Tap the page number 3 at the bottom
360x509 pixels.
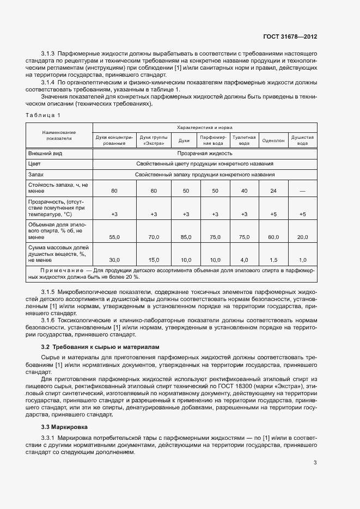click(315, 463)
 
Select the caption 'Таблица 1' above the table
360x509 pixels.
click(43, 115)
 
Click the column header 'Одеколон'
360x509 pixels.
click(273, 140)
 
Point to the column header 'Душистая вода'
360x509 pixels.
click(303, 140)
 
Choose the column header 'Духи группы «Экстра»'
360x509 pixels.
click(154, 140)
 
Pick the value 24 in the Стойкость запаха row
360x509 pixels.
click(273, 191)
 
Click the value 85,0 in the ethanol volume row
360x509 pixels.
click(186, 237)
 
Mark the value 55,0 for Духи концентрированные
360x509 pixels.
click(114, 237)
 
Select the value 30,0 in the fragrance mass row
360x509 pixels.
click(114, 260)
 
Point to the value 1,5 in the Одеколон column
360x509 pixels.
click(273, 260)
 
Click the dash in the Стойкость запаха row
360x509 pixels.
click(303, 191)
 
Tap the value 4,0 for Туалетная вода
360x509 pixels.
click(244, 260)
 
